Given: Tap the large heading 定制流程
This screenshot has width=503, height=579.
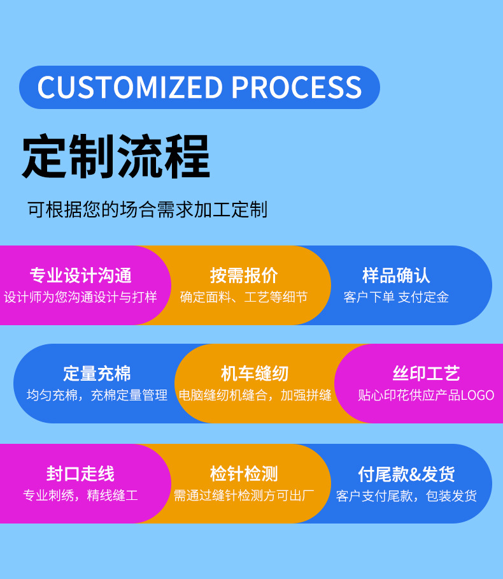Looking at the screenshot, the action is point(116,156).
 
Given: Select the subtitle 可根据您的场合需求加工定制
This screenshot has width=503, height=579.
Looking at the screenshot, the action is point(147,209).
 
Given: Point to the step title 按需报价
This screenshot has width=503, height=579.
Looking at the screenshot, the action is point(244,275).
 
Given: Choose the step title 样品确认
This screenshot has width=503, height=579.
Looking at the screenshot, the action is point(396,275).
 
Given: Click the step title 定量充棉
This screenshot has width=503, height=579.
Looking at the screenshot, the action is point(97,374).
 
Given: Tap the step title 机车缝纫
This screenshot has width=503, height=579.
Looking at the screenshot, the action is point(255,374).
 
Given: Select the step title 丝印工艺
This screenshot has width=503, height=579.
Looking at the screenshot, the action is point(426,374).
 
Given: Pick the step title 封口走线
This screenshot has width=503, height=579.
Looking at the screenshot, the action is point(80,474).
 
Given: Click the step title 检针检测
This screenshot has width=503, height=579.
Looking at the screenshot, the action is point(244,474).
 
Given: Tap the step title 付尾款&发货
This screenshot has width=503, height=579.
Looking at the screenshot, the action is point(406,474).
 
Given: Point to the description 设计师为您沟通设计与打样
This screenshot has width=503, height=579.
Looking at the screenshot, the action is point(80,297).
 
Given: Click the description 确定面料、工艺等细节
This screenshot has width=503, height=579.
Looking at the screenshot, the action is point(244,297).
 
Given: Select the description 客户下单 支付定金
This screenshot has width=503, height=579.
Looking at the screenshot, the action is point(396,297).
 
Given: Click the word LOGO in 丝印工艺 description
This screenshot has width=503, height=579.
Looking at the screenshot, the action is point(477,395).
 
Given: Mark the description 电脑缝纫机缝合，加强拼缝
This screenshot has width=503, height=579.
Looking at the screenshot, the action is point(255,395).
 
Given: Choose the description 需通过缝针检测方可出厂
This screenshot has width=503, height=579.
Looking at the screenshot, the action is point(244,495).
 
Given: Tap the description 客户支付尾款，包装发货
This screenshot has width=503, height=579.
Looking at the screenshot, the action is point(406,495).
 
